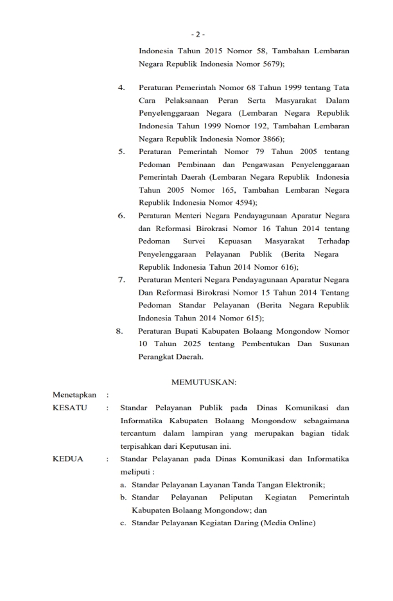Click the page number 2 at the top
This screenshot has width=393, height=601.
tap(198, 34)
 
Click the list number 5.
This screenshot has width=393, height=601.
tap(121, 152)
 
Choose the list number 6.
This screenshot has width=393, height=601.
tap(121, 216)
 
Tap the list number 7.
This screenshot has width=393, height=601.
tap(121, 280)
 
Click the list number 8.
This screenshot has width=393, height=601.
tap(119, 331)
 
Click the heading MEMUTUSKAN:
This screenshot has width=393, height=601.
tap(204, 383)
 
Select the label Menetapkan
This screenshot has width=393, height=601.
tap(74, 395)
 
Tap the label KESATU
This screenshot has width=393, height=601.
tap(71, 408)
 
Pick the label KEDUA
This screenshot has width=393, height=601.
tap(68, 459)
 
